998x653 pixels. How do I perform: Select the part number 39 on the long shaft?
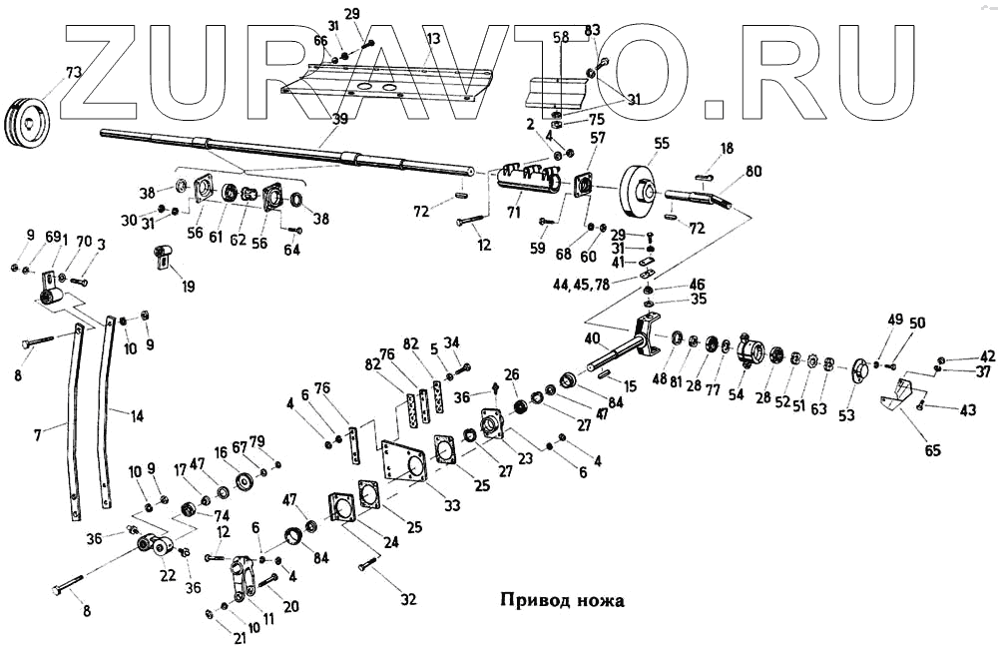[x=340, y=119]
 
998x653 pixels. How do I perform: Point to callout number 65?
[x=932, y=451]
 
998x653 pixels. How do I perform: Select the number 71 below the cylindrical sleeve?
[x=515, y=213]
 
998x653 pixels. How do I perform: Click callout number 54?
[x=737, y=395]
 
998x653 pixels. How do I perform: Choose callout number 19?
[x=188, y=287]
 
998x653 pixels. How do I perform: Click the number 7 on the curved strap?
[x=38, y=436]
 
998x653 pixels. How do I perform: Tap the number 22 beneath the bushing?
[x=168, y=577]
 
